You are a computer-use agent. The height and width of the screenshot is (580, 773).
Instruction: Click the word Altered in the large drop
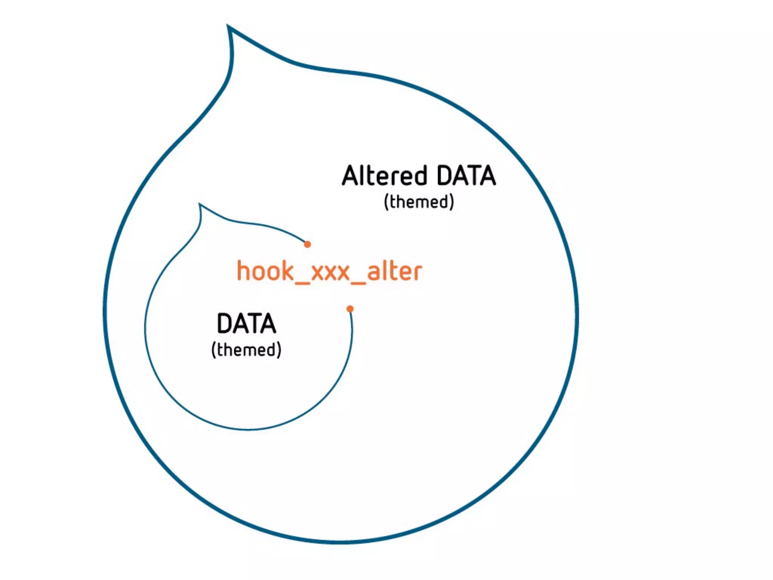(x=384, y=176)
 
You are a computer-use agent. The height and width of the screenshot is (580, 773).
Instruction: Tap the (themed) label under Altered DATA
(x=419, y=202)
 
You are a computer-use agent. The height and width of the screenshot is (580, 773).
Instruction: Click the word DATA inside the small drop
(x=246, y=324)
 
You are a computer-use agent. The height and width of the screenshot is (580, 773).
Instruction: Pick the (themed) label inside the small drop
(x=246, y=350)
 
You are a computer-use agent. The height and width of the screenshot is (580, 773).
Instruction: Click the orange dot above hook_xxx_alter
(x=308, y=244)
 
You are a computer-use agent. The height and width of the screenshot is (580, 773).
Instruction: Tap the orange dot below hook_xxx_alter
(x=350, y=309)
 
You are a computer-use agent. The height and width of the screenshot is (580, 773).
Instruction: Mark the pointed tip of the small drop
(x=200, y=204)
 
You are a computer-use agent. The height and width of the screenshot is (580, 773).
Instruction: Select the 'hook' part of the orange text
(x=265, y=271)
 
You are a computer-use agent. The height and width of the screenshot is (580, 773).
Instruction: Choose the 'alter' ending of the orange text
(x=394, y=271)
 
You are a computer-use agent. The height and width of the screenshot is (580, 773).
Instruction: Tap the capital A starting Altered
(x=350, y=176)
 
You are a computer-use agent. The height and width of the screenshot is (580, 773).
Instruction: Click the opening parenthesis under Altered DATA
(x=386, y=202)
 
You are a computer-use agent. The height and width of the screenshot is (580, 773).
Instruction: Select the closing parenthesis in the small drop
(x=279, y=350)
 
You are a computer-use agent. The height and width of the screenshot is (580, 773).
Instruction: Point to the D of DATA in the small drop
(x=225, y=324)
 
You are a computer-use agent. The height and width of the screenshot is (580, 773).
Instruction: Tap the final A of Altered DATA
(x=487, y=176)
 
